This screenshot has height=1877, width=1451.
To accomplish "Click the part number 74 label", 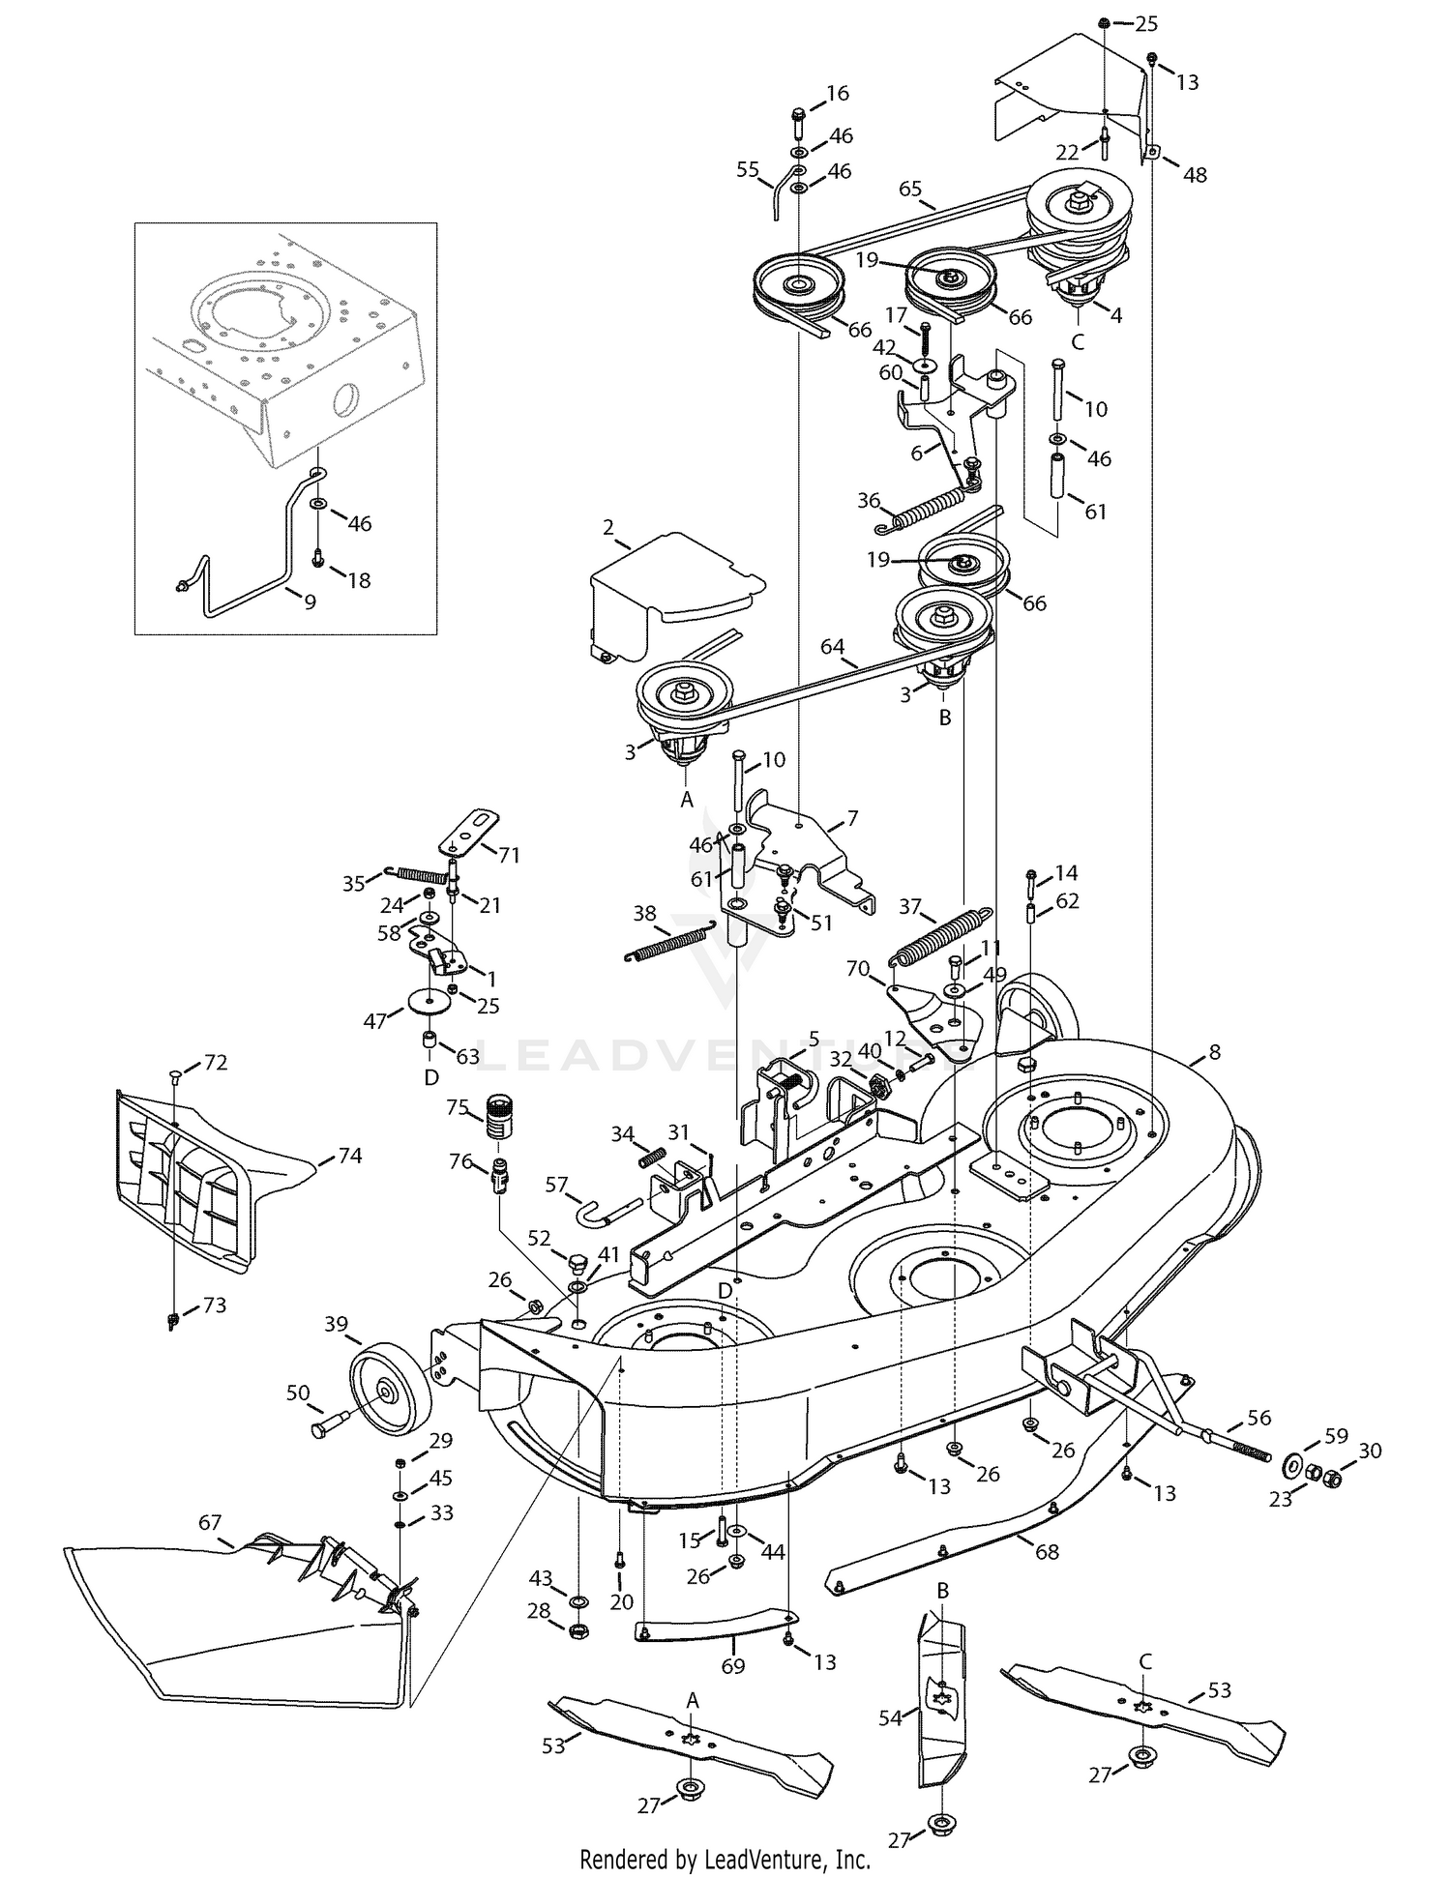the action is pyautogui.click(x=349, y=1156).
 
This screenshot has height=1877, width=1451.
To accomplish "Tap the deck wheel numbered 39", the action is pyautogui.click(x=391, y=1391).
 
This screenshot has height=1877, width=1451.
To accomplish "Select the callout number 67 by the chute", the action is pyautogui.click(x=210, y=1521).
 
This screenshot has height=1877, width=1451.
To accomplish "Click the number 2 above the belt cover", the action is pyautogui.click(x=608, y=527).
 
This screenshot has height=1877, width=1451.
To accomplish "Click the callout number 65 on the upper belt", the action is pyautogui.click(x=910, y=189).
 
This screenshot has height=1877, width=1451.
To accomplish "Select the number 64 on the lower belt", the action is pyautogui.click(x=832, y=647).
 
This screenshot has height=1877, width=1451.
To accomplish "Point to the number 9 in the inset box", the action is pyautogui.click(x=310, y=601).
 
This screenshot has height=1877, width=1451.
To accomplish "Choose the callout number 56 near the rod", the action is pyautogui.click(x=1259, y=1418).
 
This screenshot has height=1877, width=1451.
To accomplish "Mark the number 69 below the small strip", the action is pyautogui.click(x=733, y=1666).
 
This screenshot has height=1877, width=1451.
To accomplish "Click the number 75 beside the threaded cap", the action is pyautogui.click(x=457, y=1107).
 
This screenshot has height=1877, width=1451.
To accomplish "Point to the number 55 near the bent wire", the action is pyautogui.click(x=748, y=169).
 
